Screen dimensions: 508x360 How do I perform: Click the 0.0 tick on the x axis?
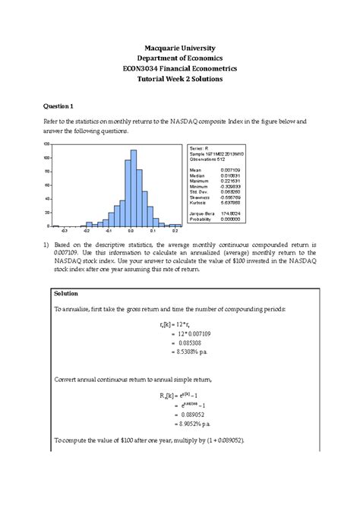point(131,230)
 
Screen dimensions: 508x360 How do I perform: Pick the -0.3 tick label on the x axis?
point(65,230)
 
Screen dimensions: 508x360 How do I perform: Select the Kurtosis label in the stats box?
point(198,203)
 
